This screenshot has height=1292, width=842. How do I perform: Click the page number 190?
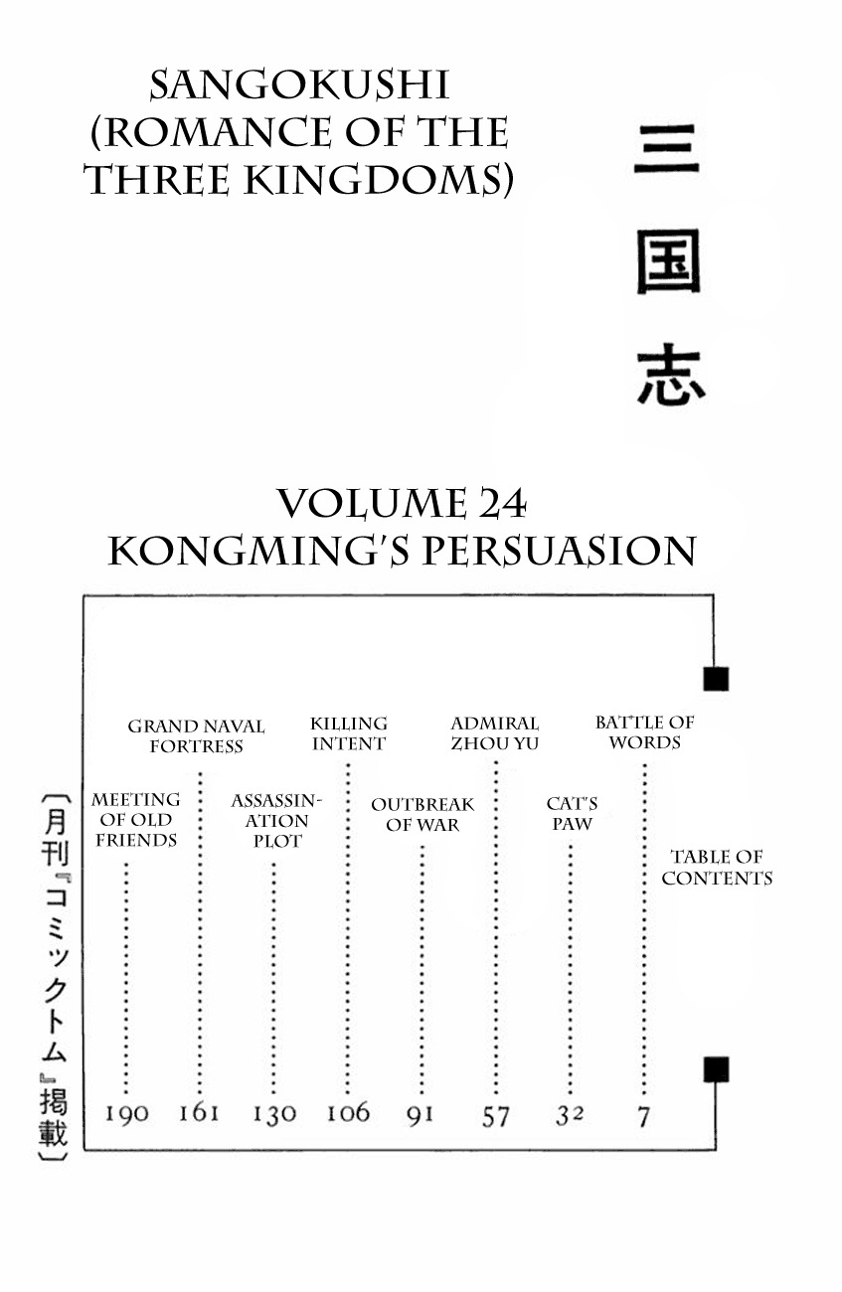127,1113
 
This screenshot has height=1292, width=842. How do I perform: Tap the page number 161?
199,1112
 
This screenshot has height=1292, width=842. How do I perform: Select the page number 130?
273,1114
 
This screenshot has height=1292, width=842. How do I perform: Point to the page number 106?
348,1112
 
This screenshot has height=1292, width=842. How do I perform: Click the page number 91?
421,1114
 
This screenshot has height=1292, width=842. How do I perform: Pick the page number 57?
495,1116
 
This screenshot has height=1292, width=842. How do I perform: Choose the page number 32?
569,1115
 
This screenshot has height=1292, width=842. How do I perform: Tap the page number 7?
644,1116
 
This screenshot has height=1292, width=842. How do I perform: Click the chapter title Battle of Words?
644,732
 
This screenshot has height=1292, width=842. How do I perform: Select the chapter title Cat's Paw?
572,814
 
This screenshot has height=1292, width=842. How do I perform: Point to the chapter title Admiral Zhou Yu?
494,733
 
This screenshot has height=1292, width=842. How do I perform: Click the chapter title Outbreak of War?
422,814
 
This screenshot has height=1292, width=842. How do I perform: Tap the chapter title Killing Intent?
348,733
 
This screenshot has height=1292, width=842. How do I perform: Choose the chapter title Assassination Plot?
276,820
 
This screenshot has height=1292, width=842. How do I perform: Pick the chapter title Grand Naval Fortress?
196,736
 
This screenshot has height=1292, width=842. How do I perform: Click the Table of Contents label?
717,868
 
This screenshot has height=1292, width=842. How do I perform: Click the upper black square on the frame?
716,679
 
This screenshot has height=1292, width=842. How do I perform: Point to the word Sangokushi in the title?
298,87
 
